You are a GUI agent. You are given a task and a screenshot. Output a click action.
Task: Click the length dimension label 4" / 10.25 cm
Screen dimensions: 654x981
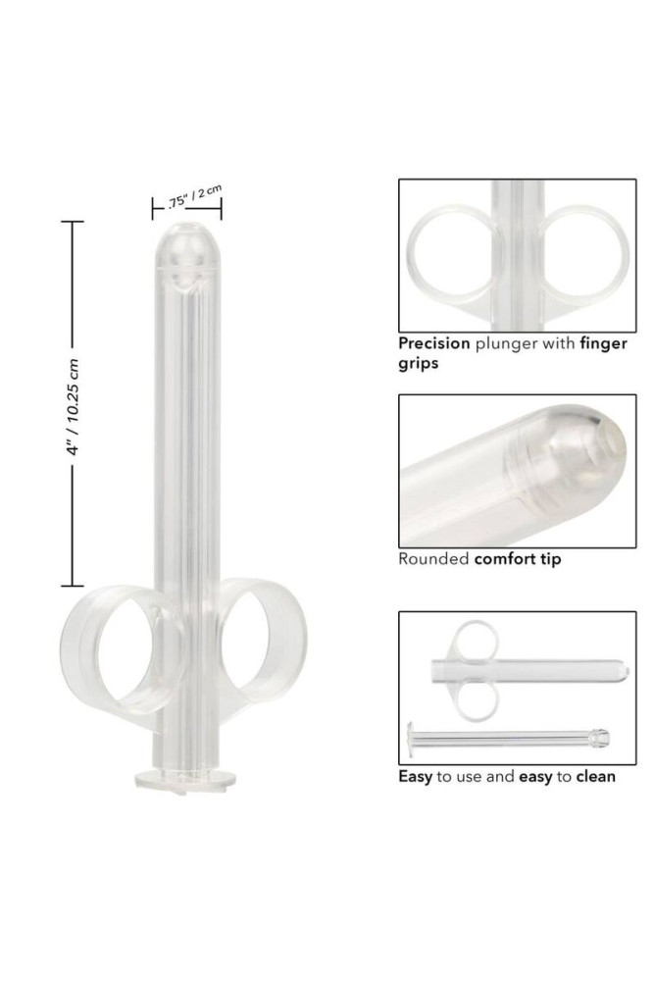point(74,407)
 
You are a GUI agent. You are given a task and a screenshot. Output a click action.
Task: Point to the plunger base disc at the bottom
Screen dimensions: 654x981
point(186,780)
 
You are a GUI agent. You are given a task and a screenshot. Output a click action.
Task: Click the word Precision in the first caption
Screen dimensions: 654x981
point(434,342)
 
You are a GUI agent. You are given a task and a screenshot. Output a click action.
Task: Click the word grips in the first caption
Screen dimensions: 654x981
point(419,364)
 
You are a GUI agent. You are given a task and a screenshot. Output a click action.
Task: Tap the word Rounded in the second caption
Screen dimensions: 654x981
point(433,559)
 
